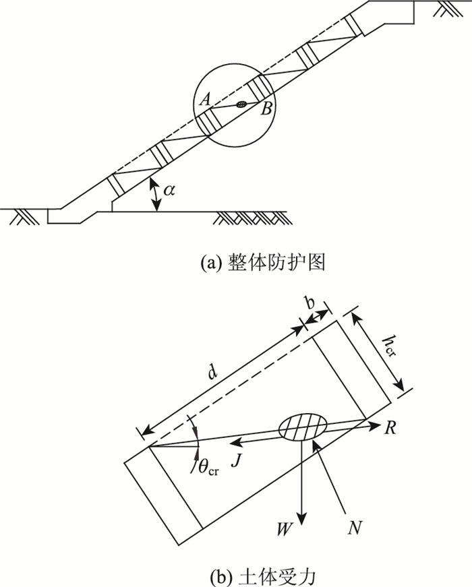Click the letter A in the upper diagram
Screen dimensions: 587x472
pyautogui.click(x=206, y=99)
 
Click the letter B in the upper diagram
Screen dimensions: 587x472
pyautogui.click(x=267, y=109)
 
